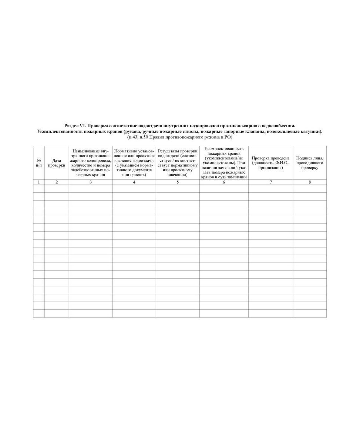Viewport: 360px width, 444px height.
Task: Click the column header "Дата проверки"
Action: (57, 163)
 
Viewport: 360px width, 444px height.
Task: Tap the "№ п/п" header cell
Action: (39, 163)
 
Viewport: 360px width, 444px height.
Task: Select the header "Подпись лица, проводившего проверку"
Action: (310, 163)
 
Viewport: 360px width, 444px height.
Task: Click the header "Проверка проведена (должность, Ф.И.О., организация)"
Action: (270, 163)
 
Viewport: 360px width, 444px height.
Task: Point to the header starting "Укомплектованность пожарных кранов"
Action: (224, 163)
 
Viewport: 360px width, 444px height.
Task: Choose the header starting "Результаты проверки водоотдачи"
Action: (178, 163)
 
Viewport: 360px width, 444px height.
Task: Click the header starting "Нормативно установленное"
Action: (134, 163)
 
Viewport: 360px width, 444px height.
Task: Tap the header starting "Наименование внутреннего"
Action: (91, 163)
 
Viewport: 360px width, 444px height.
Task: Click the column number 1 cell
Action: (39, 182)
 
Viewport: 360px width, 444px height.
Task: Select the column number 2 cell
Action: (57, 182)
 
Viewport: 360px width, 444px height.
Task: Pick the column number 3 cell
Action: (91, 182)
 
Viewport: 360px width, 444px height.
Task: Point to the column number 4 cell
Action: (134, 182)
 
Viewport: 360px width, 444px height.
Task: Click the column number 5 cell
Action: (178, 182)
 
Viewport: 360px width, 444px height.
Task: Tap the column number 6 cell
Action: (224, 182)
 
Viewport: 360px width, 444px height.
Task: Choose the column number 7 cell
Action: (270, 182)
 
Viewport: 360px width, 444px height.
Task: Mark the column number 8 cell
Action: (310, 182)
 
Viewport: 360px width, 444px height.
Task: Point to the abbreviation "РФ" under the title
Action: (226, 137)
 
